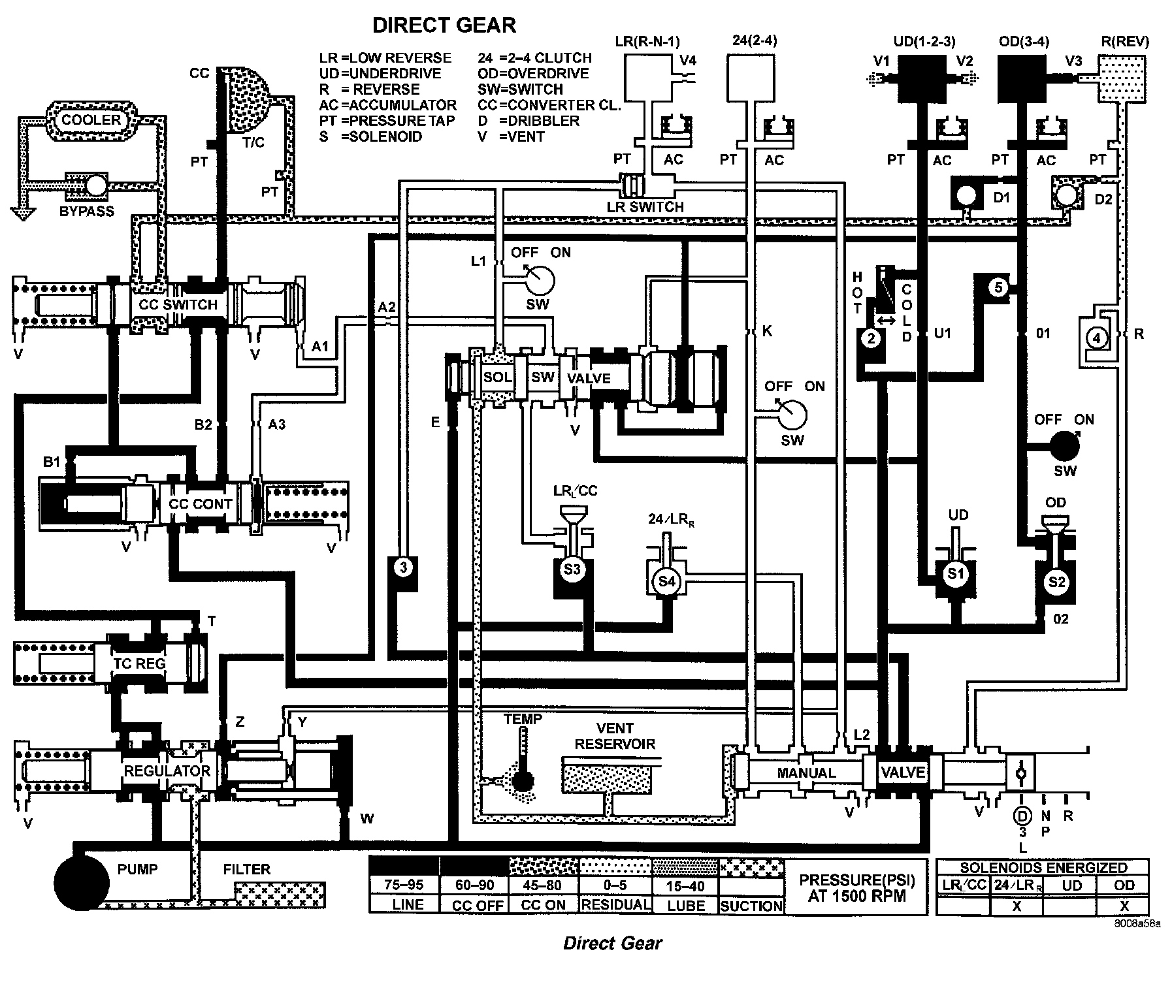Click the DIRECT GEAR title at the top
click(444, 25)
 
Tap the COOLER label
click(91, 120)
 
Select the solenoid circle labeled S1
click(956, 574)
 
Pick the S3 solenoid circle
click(572, 569)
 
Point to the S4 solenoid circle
click(666, 580)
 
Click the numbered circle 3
click(404, 567)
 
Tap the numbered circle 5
click(998, 287)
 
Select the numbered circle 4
click(1097, 338)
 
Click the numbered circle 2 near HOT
click(871, 338)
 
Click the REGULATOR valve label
click(167, 771)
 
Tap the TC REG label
click(139, 663)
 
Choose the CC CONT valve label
click(200, 504)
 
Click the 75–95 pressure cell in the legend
click(404, 885)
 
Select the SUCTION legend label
click(751, 906)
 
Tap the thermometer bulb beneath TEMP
click(523, 780)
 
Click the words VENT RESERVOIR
click(615, 736)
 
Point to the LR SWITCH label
click(645, 207)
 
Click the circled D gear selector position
click(1022, 816)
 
